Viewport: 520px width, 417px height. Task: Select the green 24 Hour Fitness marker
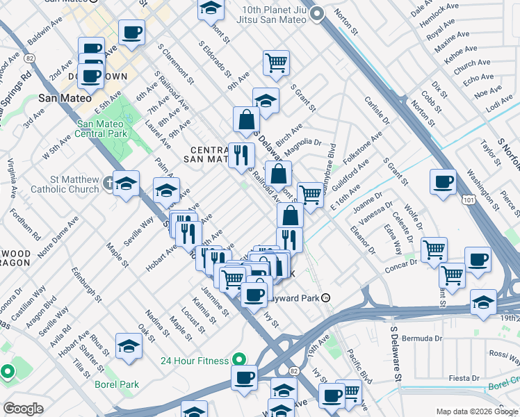(x=238, y=360)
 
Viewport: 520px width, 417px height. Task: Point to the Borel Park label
(x=117, y=384)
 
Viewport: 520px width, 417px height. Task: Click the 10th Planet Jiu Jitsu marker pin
(x=318, y=13)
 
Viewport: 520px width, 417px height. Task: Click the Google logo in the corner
(x=23, y=409)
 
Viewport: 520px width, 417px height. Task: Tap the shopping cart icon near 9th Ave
(x=276, y=63)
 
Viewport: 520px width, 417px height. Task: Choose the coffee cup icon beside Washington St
(x=442, y=183)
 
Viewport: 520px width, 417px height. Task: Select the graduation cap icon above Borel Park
(x=129, y=345)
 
